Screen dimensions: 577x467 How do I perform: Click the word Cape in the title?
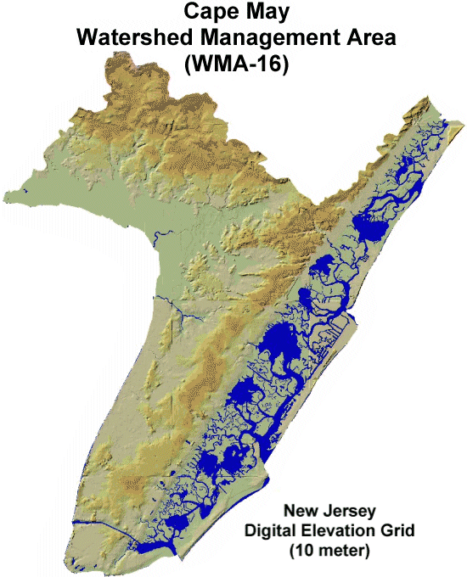[x=205, y=14]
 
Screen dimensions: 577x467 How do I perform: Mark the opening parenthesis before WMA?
[x=188, y=64]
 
